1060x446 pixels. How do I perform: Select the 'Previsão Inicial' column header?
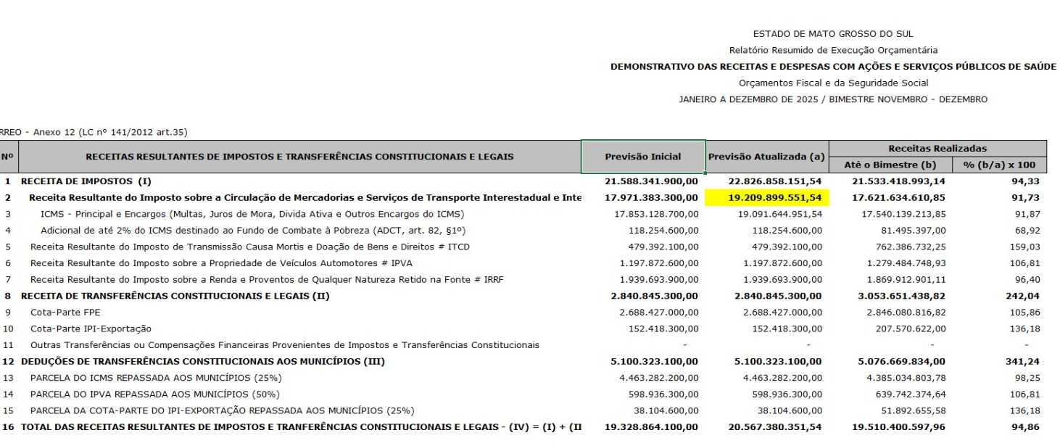643,157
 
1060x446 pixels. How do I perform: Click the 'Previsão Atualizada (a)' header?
766,157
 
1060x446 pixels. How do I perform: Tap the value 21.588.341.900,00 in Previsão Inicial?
651,181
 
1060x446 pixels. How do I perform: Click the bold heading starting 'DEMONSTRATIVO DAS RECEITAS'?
833,67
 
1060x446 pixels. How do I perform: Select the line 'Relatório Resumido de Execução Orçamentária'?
833,50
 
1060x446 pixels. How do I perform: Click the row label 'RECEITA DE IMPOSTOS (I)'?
86,181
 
